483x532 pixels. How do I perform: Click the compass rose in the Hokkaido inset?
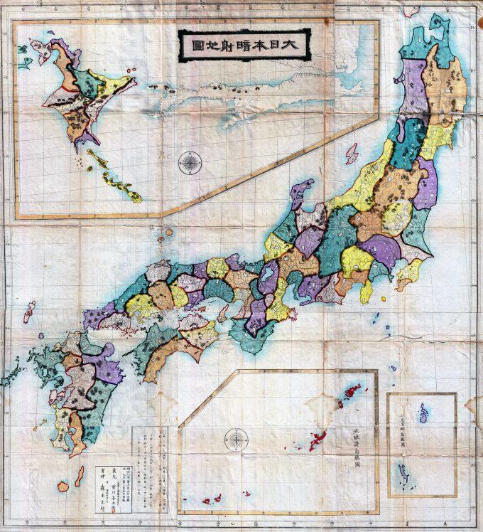click(x=190, y=163)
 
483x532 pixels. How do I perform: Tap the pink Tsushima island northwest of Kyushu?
click(x=29, y=311)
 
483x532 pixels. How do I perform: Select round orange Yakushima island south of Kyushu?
click(x=63, y=486)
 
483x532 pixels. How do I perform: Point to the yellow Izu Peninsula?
click(x=367, y=291)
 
